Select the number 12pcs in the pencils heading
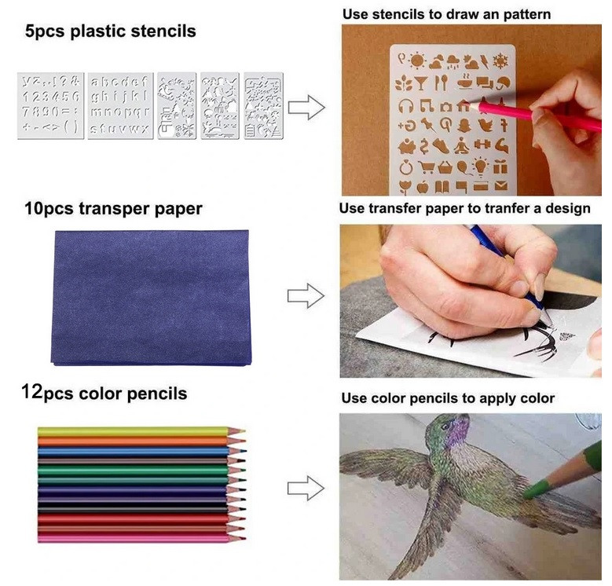click(47, 393)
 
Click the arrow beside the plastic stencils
click(306, 107)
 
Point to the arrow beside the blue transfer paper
click(306, 295)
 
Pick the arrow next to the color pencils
click(306, 488)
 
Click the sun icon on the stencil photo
click(417, 60)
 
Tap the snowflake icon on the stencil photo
click(500, 61)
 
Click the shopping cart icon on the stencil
click(427, 167)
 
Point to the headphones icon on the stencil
click(406, 106)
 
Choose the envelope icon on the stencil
click(501, 185)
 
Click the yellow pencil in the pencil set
click(141, 431)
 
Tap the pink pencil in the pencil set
click(141, 538)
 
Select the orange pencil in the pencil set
click(141, 441)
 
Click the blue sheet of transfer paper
click(151, 298)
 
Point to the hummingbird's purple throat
click(456, 432)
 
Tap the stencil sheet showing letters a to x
click(120, 105)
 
